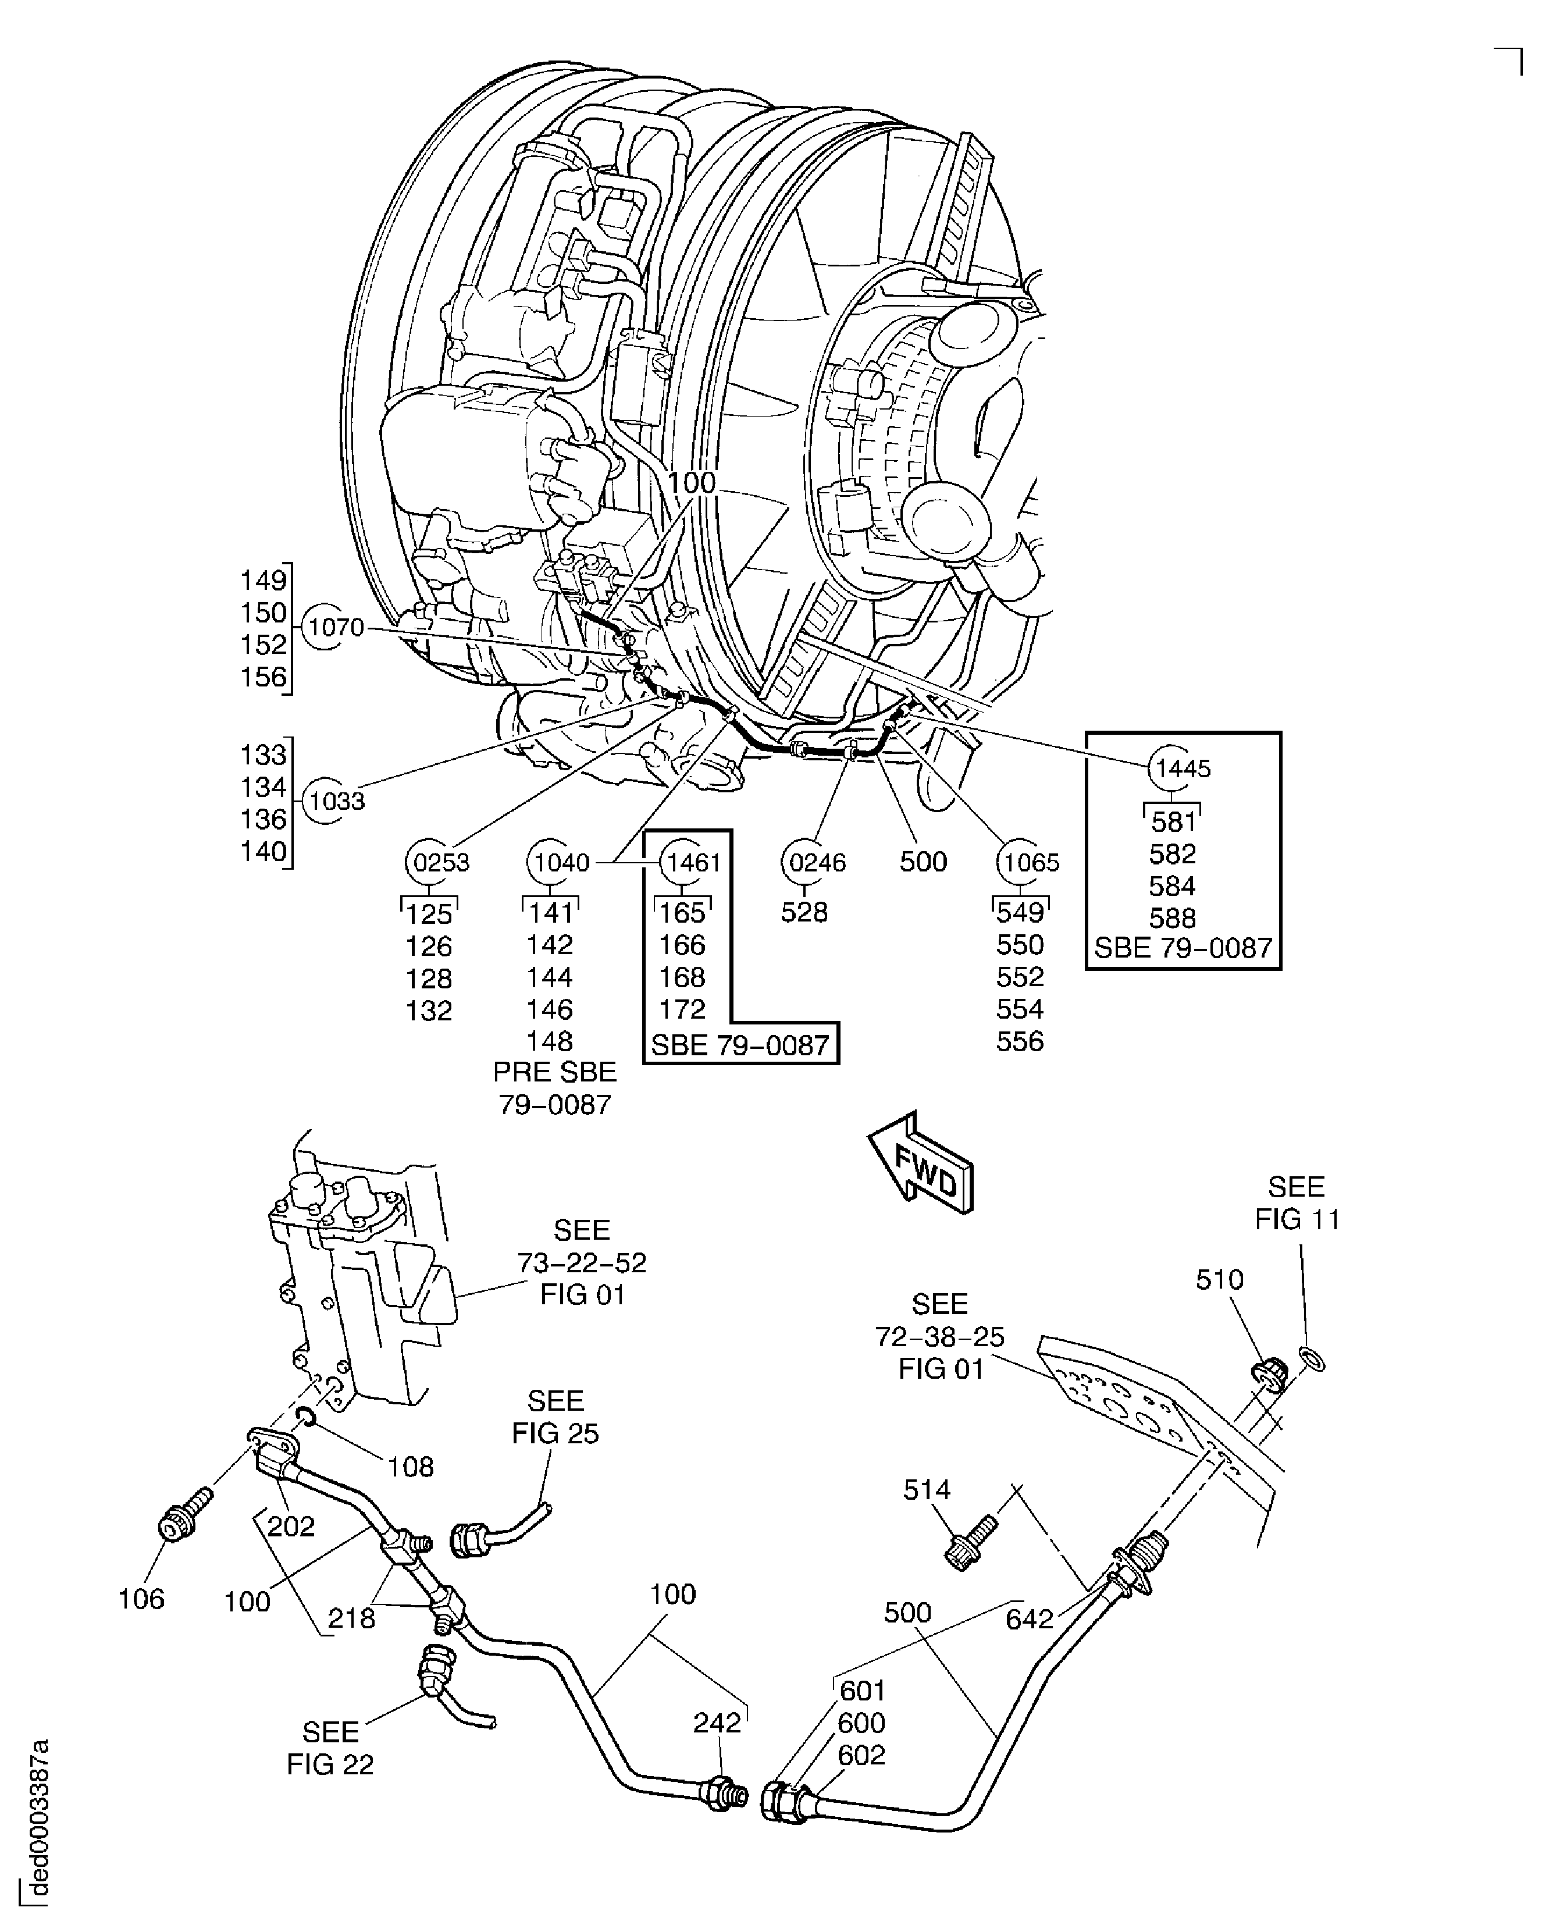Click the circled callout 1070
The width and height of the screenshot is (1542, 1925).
(336, 628)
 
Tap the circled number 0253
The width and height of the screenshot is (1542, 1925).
(440, 863)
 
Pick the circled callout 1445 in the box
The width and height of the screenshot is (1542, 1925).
(1182, 768)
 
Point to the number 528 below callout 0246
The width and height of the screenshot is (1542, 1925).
(804, 913)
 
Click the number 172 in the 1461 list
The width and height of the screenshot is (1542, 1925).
(682, 1009)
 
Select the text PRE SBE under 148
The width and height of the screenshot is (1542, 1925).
(554, 1072)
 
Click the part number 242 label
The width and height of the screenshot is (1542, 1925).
(717, 1723)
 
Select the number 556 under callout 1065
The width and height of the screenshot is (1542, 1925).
(1020, 1041)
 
